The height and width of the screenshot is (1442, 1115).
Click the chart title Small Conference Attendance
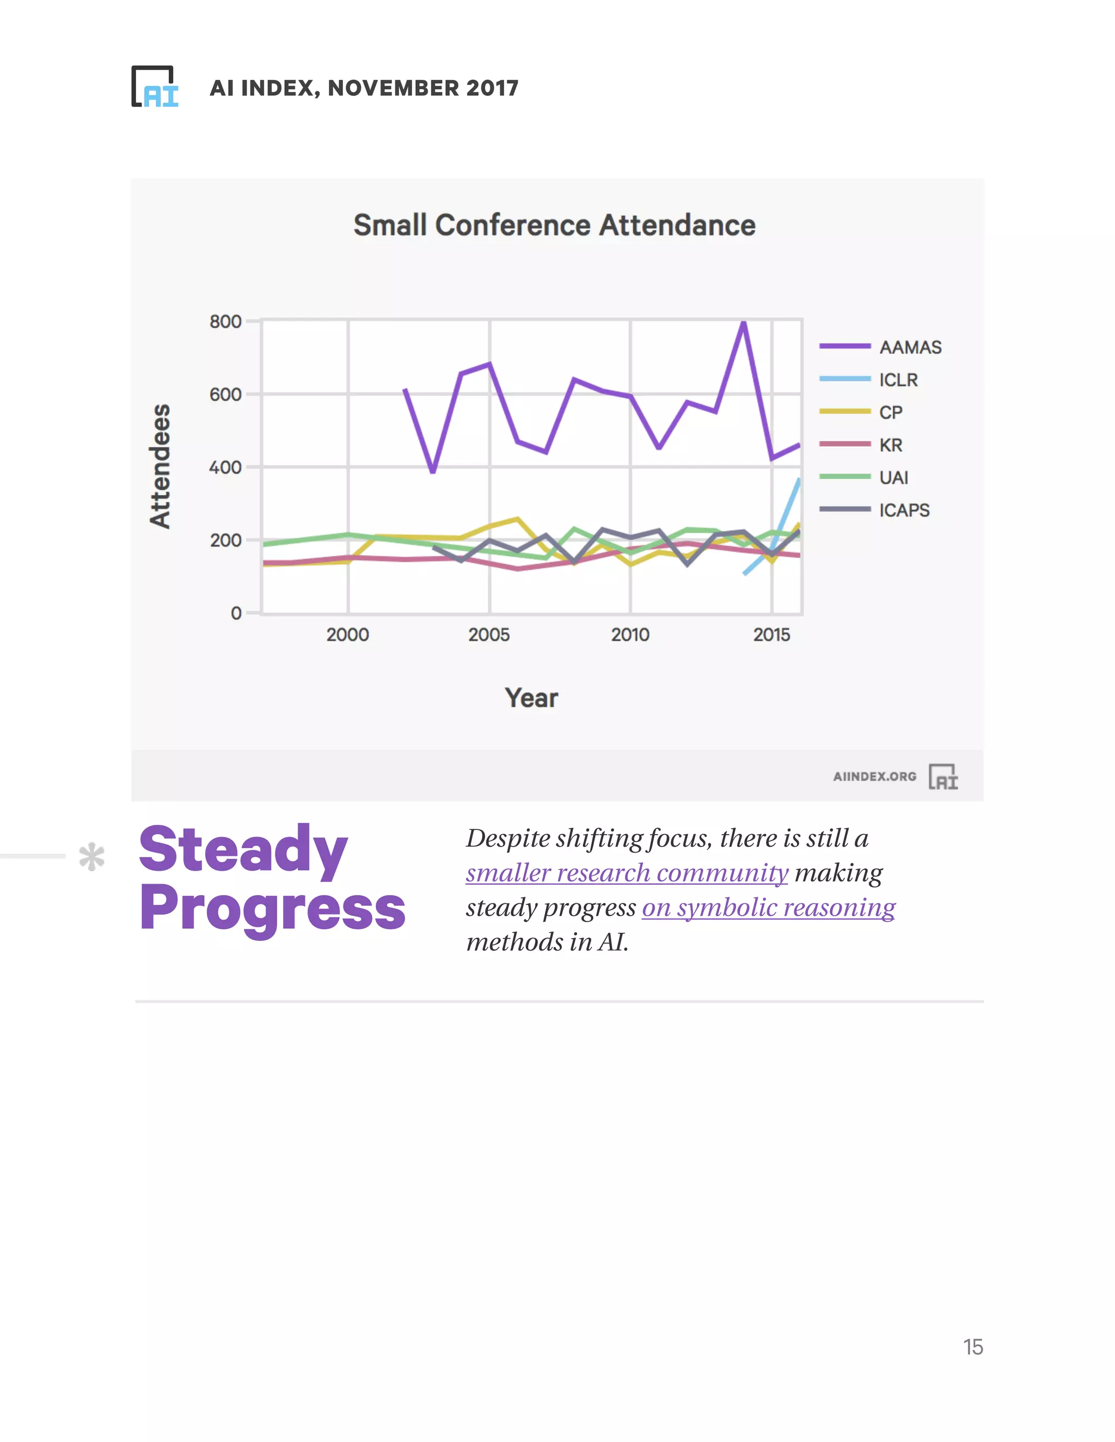pyautogui.click(x=554, y=225)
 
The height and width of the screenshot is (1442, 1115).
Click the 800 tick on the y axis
pyautogui.click(x=225, y=322)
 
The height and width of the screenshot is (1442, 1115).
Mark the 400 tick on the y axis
pyautogui.click(x=225, y=467)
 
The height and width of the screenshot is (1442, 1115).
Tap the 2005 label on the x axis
pyautogui.click(x=489, y=634)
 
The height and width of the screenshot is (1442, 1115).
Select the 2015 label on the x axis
pyautogui.click(x=771, y=634)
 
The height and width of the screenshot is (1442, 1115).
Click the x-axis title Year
pyautogui.click(x=531, y=698)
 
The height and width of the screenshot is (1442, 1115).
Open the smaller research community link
pyautogui.click(x=626, y=873)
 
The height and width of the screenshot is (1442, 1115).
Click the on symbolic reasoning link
pyautogui.click(x=768, y=907)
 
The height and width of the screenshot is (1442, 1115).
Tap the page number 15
pyautogui.click(x=972, y=1347)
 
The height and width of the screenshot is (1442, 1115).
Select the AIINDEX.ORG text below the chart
pyautogui.click(x=874, y=777)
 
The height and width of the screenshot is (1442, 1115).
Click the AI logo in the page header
pyautogui.click(x=155, y=87)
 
